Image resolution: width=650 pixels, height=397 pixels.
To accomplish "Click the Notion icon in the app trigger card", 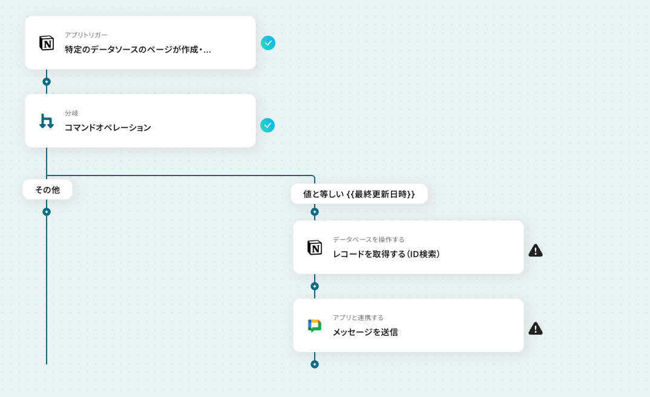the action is click(47, 43).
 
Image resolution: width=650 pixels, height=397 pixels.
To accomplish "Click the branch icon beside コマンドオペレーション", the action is click(47, 121).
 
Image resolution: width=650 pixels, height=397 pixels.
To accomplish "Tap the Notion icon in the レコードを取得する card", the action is click(315, 248).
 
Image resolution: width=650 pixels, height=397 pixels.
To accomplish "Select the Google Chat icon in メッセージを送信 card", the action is click(315, 326).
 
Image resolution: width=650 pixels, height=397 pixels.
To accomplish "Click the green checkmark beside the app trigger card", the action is click(268, 43).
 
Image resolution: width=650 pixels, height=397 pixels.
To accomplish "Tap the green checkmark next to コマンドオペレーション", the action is click(268, 125).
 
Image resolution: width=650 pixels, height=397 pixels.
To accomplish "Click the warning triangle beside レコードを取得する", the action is click(536, 251).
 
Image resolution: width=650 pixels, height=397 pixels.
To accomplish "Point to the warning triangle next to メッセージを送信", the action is click(536, 329).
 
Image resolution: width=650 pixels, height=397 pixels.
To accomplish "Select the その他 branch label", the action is click(48, 190).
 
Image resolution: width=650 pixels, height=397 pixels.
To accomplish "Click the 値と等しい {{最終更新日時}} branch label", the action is click(359, 194).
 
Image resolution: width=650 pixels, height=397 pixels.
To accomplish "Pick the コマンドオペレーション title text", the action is click(108, 128).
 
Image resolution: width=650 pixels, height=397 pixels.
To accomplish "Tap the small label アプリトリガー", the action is click(86, 35).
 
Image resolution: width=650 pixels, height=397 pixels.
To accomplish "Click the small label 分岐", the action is click(71, 113).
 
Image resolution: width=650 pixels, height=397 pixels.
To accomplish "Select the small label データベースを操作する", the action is click(369, 240).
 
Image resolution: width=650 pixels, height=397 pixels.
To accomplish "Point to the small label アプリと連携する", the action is click(358, 318).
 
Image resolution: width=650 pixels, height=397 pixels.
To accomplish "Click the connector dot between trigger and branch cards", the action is click(47, 82).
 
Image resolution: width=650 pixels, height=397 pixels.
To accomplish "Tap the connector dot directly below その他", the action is click(47, 212).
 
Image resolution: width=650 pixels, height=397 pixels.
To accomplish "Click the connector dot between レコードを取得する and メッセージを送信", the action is click(315, 286).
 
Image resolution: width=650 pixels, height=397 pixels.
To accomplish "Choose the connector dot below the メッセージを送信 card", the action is click(315, 364).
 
